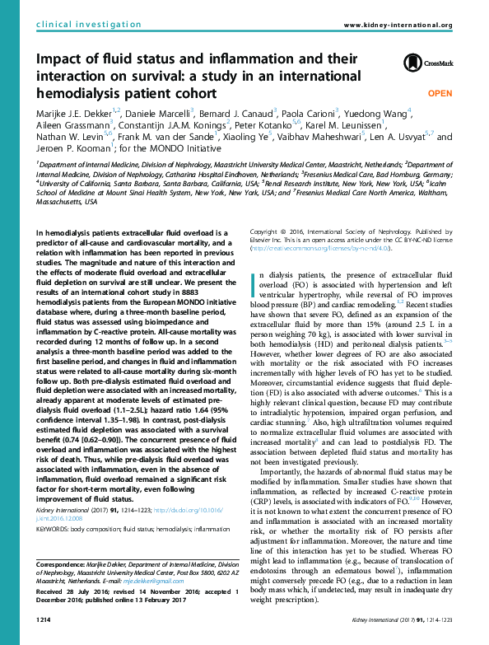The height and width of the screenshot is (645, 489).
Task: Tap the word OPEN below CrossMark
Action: coord(440,94)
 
